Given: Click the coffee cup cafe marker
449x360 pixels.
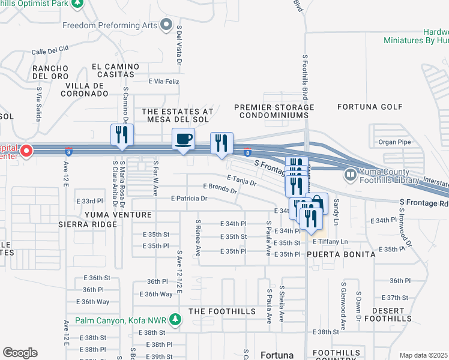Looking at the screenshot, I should coord(184,139).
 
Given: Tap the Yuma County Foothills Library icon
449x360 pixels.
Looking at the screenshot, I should coord(350,175).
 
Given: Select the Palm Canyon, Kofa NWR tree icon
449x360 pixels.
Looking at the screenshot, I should coord(175,319).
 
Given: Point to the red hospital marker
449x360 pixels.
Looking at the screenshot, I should coord(26,152).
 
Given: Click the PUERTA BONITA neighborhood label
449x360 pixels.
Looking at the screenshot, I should coord(341,254).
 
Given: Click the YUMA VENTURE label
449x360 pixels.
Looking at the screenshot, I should coord(113,214).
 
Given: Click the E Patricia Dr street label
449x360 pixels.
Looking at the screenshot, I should coord(189,198).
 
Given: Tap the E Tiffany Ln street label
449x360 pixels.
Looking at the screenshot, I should coord(330,241).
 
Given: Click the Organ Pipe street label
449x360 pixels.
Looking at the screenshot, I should coord(393,142).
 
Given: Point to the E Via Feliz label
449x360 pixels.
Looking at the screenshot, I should coord(164,80).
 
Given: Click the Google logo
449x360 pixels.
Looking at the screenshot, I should coord(20,353).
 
